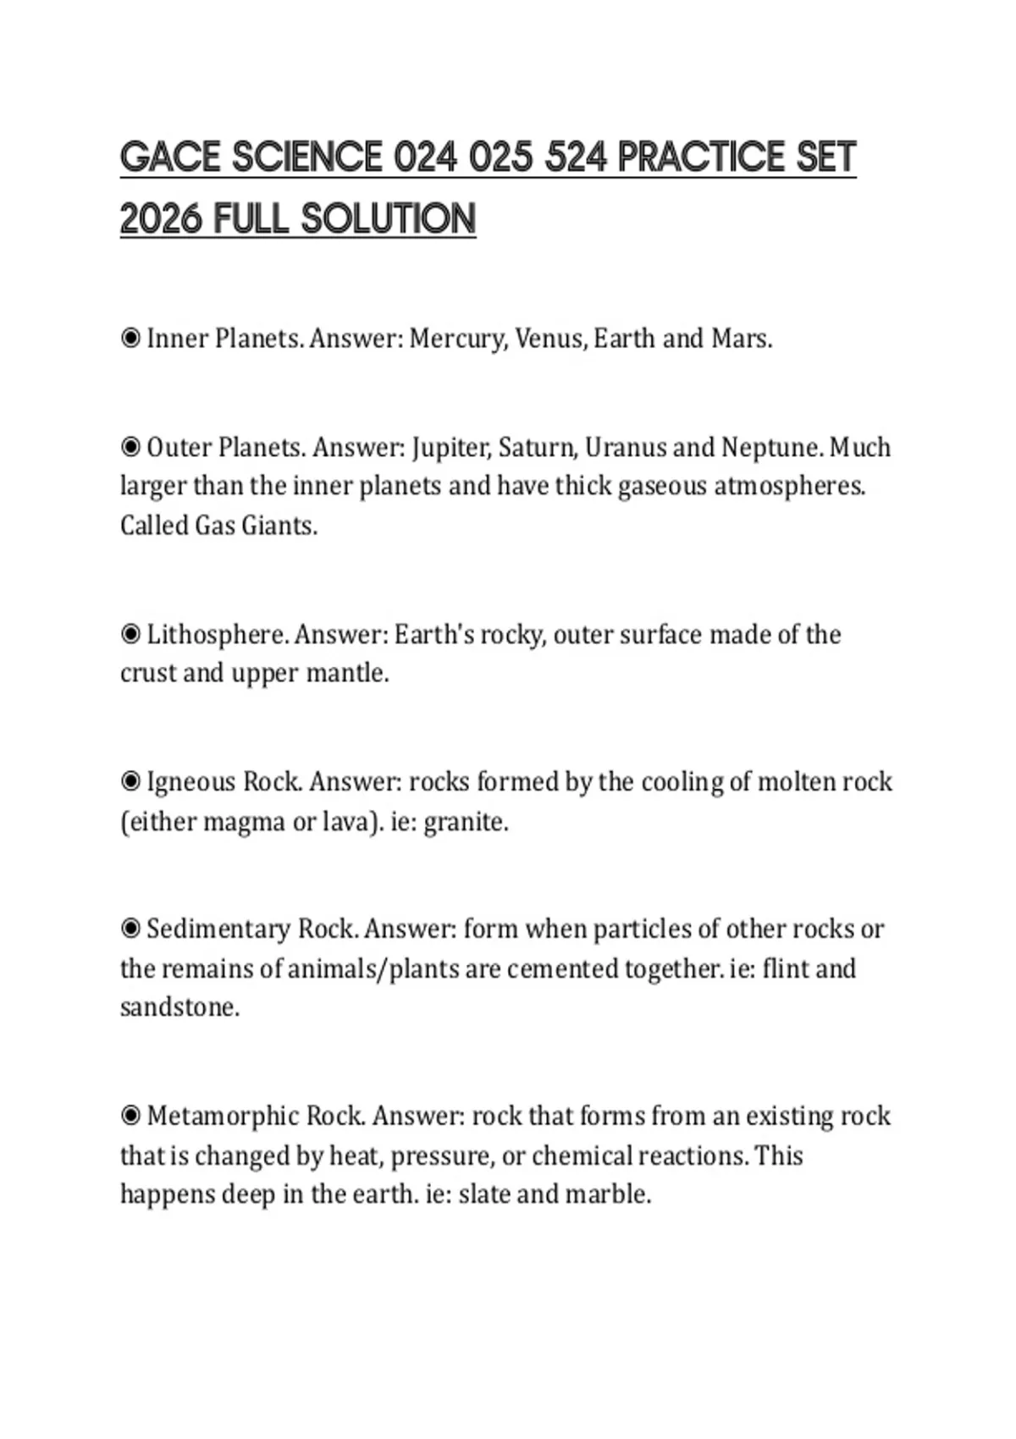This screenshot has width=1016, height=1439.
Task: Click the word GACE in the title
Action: (x=169, y=157)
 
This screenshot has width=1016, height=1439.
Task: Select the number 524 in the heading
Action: (x=577, y=157)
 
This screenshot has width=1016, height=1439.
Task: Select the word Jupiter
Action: (x=450, y=447)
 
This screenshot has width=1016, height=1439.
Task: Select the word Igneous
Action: (x=191, y=781)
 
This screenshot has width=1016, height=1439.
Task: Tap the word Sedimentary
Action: (x=218, y=929)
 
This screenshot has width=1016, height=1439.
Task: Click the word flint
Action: (x=784, y=968)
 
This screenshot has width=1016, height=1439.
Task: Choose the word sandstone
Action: (x=179, y=1007)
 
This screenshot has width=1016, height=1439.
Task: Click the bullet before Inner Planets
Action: (x=130, y=339)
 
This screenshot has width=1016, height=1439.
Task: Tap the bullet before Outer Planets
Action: (x=130, y=447)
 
